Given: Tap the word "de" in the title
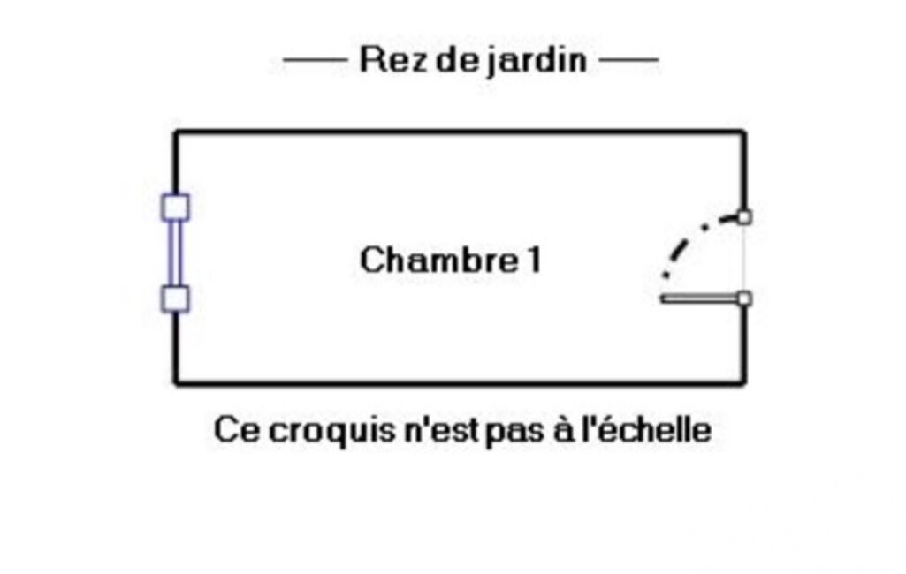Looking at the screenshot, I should (x=457, y=61).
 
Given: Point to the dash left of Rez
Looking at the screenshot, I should (x=314, y=61).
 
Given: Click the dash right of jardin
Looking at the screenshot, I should (x=628, y=61).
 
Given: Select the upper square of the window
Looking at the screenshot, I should (x=176, y=207).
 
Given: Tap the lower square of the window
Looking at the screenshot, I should (x=176, y=298).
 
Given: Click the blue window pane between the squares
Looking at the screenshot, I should (x=175, y=253).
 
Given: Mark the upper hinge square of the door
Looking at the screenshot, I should (x=744, y=216).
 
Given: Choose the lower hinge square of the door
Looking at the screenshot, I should (x=744, y=298).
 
